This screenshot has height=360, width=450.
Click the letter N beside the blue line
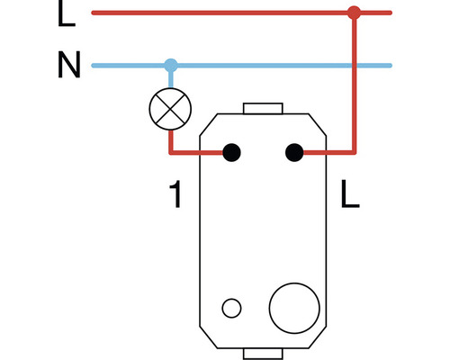(68, 67)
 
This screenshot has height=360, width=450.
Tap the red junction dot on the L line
(354, 13)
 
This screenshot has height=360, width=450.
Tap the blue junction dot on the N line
(171, 66)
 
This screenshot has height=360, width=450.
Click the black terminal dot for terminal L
(294, 153)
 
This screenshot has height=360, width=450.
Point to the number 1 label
(176, 194)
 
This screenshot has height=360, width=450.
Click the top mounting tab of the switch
(264, 109)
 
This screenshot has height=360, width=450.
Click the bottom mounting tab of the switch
(264, 351)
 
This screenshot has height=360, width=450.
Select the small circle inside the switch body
(231, 309)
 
